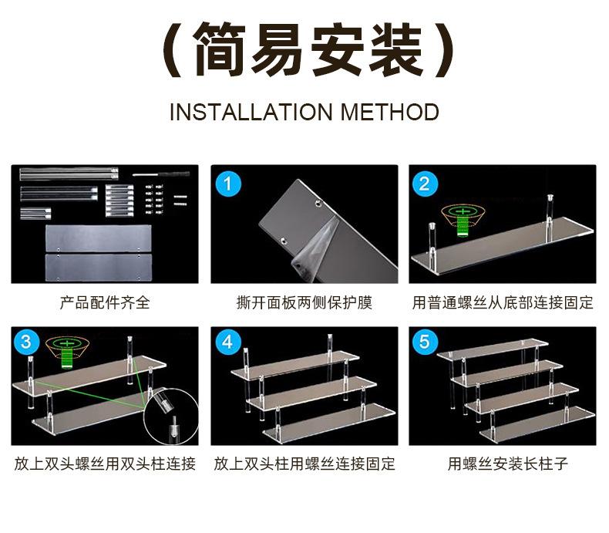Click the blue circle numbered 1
tap(228, 184)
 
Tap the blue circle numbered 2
tap(425, 184)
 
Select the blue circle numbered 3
tap(26, 342)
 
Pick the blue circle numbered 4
tap(228, 342)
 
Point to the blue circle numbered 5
tap(425, 342)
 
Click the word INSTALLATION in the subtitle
tap(251, 113)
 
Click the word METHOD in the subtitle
tap(389, 113)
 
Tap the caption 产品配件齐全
tap(105, 302)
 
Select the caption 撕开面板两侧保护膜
tap(304, 302)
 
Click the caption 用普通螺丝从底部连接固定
tap(503, 302)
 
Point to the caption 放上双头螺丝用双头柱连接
tap(105, 464)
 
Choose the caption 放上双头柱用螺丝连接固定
tap(304, 464)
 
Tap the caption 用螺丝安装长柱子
tap(508, 464)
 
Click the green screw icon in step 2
tap(463, 221)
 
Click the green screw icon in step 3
tap(67, 352)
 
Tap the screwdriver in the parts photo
tap(161, 174)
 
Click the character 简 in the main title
tap(220, 49)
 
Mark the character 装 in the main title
tap(395, 49)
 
